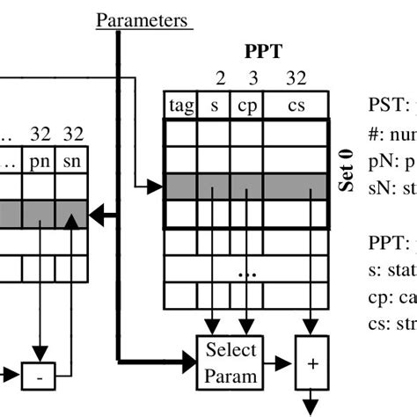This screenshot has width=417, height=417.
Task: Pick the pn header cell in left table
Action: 39,161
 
